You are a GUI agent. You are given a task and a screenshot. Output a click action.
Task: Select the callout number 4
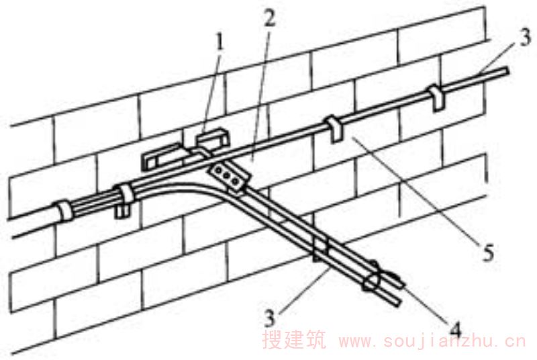click(455, 331)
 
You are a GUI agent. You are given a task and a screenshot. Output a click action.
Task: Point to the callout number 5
click(488, 253)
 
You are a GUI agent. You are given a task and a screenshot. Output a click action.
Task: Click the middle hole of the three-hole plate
click(227, 175)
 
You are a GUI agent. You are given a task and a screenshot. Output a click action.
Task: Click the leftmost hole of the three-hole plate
click(217, 170)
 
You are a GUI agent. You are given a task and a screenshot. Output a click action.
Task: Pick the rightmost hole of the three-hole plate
click(236, 180)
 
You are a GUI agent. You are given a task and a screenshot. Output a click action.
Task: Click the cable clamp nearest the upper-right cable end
click(435, 97)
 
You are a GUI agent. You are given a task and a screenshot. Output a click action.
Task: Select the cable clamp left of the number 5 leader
click(334, 129)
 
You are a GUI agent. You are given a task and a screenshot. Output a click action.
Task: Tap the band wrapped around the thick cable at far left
click(64, 210)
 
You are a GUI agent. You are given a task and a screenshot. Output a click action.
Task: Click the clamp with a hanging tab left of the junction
click(124, 201)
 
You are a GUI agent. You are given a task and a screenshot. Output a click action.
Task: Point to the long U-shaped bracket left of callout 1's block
click(162, 157)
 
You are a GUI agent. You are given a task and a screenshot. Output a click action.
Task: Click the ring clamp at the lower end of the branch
click(373, 280)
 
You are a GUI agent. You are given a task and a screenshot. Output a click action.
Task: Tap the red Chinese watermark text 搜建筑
click(295, 340)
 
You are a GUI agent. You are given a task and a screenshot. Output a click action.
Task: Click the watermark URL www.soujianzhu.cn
click(431, 341)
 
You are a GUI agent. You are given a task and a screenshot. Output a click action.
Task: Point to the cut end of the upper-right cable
click(507, 71)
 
